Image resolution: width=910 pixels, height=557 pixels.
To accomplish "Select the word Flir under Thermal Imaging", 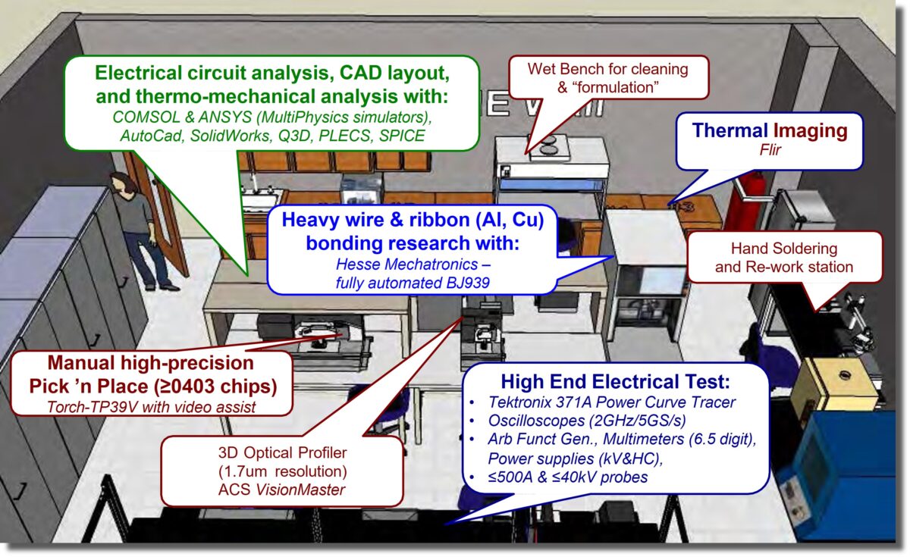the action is pos(770,150).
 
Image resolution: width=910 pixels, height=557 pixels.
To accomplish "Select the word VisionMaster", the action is pos(300,490).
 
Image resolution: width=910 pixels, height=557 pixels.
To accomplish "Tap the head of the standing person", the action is pos(121,183).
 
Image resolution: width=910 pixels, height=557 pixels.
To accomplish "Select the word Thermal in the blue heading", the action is pos(730,130).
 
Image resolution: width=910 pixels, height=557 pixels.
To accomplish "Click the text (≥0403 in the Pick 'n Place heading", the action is pos(184,386).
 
